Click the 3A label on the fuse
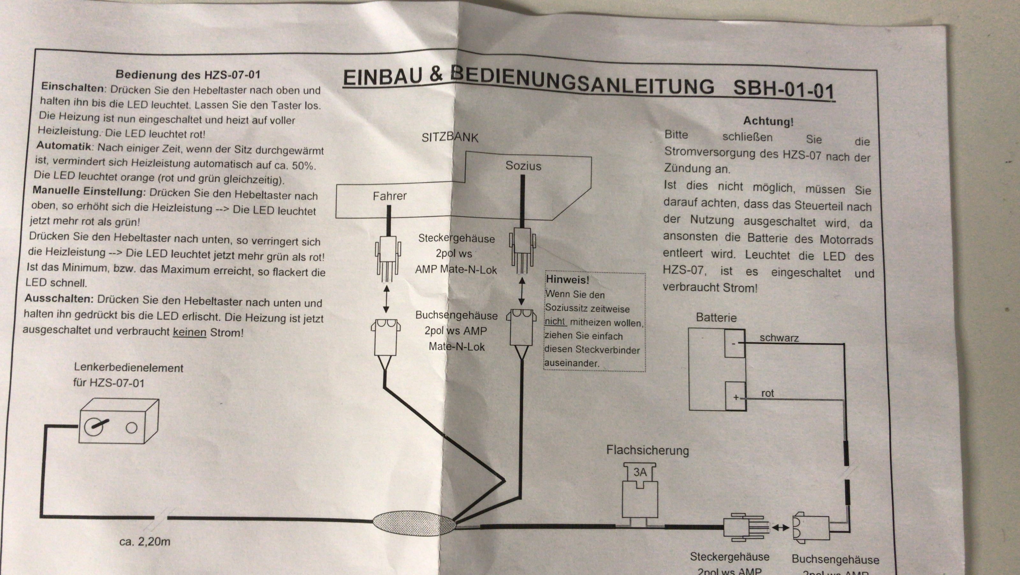(640, 472)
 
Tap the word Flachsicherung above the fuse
(647, 451)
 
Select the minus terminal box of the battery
(734, 344)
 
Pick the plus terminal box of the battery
(736, 396)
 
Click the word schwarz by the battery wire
(779, 338)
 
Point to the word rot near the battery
(767, 393)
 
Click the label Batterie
(716, 317)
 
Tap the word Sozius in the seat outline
(523, 166)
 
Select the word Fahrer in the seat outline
(390, 196)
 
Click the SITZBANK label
(450, 137)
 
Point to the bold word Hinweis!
(567, 280)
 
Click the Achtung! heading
(768, 121)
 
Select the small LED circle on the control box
(131, 428)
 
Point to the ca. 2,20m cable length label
(145, 541)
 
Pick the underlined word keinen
(190, 332)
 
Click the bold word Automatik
(63, 146)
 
